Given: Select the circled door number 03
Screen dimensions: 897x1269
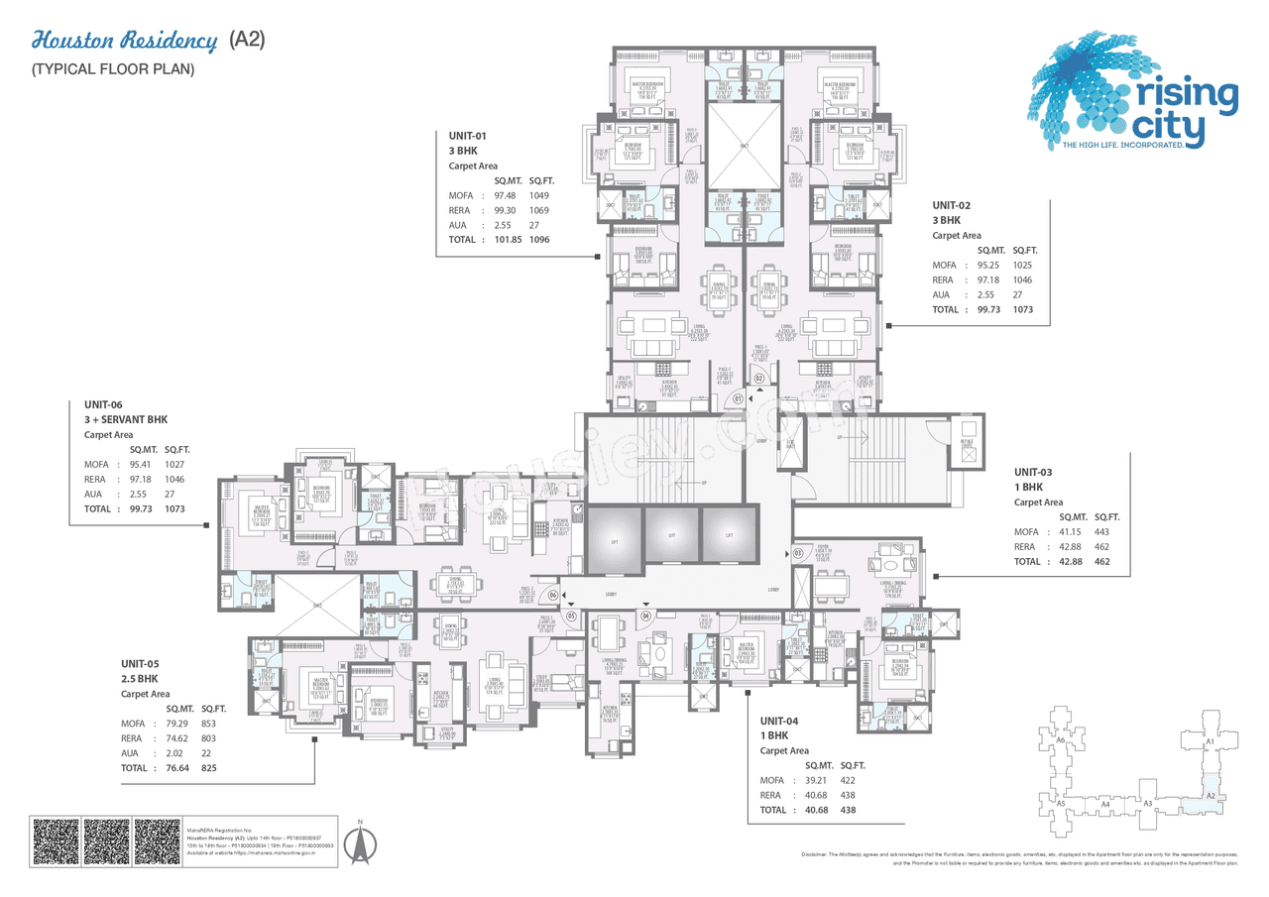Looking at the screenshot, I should (798, 553).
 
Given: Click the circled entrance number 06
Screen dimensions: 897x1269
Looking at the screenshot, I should (553, 595).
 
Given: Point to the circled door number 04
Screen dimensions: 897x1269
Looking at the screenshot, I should (645, 616).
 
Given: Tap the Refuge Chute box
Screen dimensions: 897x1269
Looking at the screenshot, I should (967, 445).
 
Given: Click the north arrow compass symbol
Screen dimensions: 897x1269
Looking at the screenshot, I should (361, 845).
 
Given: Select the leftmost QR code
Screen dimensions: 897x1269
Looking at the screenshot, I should (56, 841).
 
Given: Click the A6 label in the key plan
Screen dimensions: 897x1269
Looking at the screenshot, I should (1060, 740).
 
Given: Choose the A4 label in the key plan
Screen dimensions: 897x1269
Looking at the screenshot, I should (1105, 804).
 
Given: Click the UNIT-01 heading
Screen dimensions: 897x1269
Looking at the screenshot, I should (468, 136).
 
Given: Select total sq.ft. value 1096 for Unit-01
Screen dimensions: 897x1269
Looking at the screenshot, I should (538, 240).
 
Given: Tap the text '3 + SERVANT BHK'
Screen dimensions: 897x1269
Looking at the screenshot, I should (128, 420).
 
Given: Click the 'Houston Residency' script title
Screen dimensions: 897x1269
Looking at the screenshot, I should (125, 41).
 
